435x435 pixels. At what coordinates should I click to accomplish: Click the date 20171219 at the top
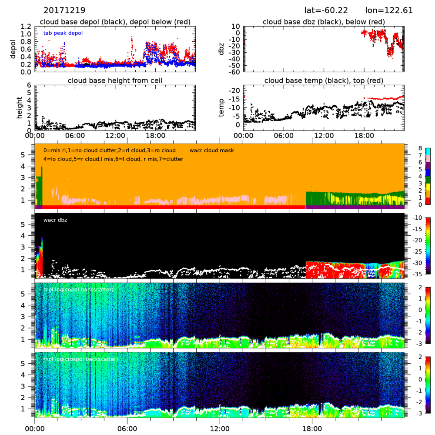(x=64, y=10)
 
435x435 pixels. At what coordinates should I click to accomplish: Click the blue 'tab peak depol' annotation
(x=63, y=33)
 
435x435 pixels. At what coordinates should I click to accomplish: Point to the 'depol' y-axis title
(x=15, y=48)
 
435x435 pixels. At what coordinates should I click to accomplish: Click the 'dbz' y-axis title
(x=224, y=48)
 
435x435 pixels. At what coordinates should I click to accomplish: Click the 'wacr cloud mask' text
(x=212, y=151)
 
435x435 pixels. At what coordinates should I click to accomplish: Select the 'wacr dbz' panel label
(x=55, y=220)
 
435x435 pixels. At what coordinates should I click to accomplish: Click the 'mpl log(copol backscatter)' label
(x=79, y=290)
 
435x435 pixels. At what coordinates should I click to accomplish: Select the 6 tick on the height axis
(x=29, y=85)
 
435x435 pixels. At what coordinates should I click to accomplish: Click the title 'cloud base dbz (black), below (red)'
(x=324, y=22)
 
